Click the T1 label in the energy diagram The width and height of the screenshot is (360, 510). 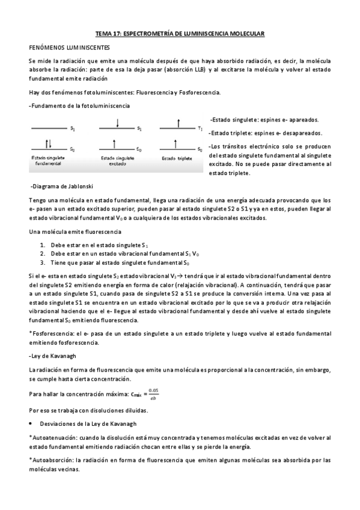click(200, 129)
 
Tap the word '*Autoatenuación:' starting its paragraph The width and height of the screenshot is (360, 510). click(52, 438)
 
